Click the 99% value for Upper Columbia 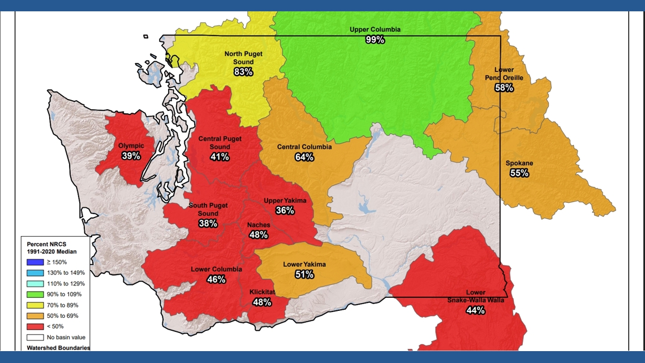(x=375, y=40)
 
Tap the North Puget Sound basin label (x=243, y=58)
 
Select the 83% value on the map (x=243, y=72)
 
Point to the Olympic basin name (x=131, y=146)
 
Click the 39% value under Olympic (x=131, y=156)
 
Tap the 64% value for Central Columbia (x=304, y=157)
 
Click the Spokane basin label (x=519, y=164)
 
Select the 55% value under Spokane (x=519, y=173)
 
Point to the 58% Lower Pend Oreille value (x=504, y=88)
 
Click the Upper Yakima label (x=285, y=200)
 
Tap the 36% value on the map (x=285, y=211)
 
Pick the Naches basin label (x=259, y=225)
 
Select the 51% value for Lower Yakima (x=304, y=275)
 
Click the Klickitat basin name (x=262, y=292)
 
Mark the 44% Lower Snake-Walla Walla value (x=475, y=310)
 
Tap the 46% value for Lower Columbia (x=216, y=279)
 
